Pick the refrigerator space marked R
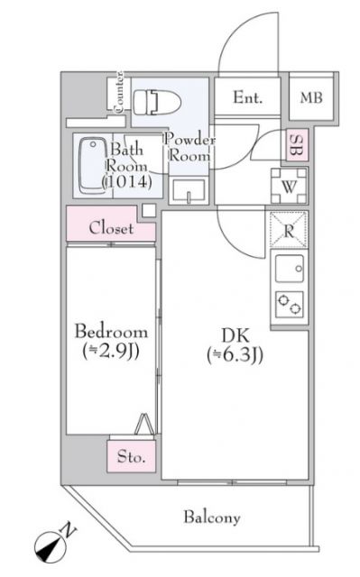(286, 229)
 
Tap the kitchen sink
(290, 270)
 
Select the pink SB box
(296, 145)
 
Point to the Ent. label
(248, 98)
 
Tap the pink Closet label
(111, 228)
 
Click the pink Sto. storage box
(133, 457)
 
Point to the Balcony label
(212, 517)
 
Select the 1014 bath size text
(119, 182)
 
